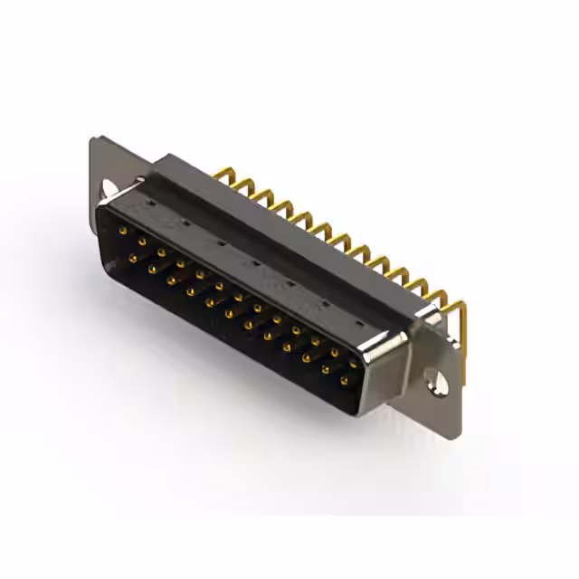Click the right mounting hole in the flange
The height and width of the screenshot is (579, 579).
(x=440, y=383)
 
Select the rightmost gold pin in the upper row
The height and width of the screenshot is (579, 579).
(x=353, y=364)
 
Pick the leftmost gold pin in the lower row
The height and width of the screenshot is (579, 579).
(x=133, y=258)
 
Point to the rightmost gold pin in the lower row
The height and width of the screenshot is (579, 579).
(x=344, y=381)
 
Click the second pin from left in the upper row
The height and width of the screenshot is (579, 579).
(x=142, y=242)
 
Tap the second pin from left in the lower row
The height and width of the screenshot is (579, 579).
(x=152, y=269)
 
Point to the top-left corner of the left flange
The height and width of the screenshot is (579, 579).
(x=93, y=139)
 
